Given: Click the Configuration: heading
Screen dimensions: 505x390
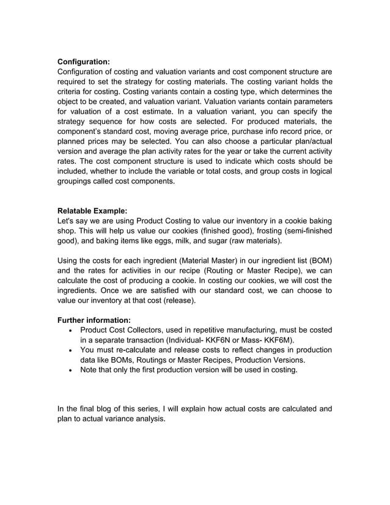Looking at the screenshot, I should (83, 61).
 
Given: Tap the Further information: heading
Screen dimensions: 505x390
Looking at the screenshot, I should (94, 320).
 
